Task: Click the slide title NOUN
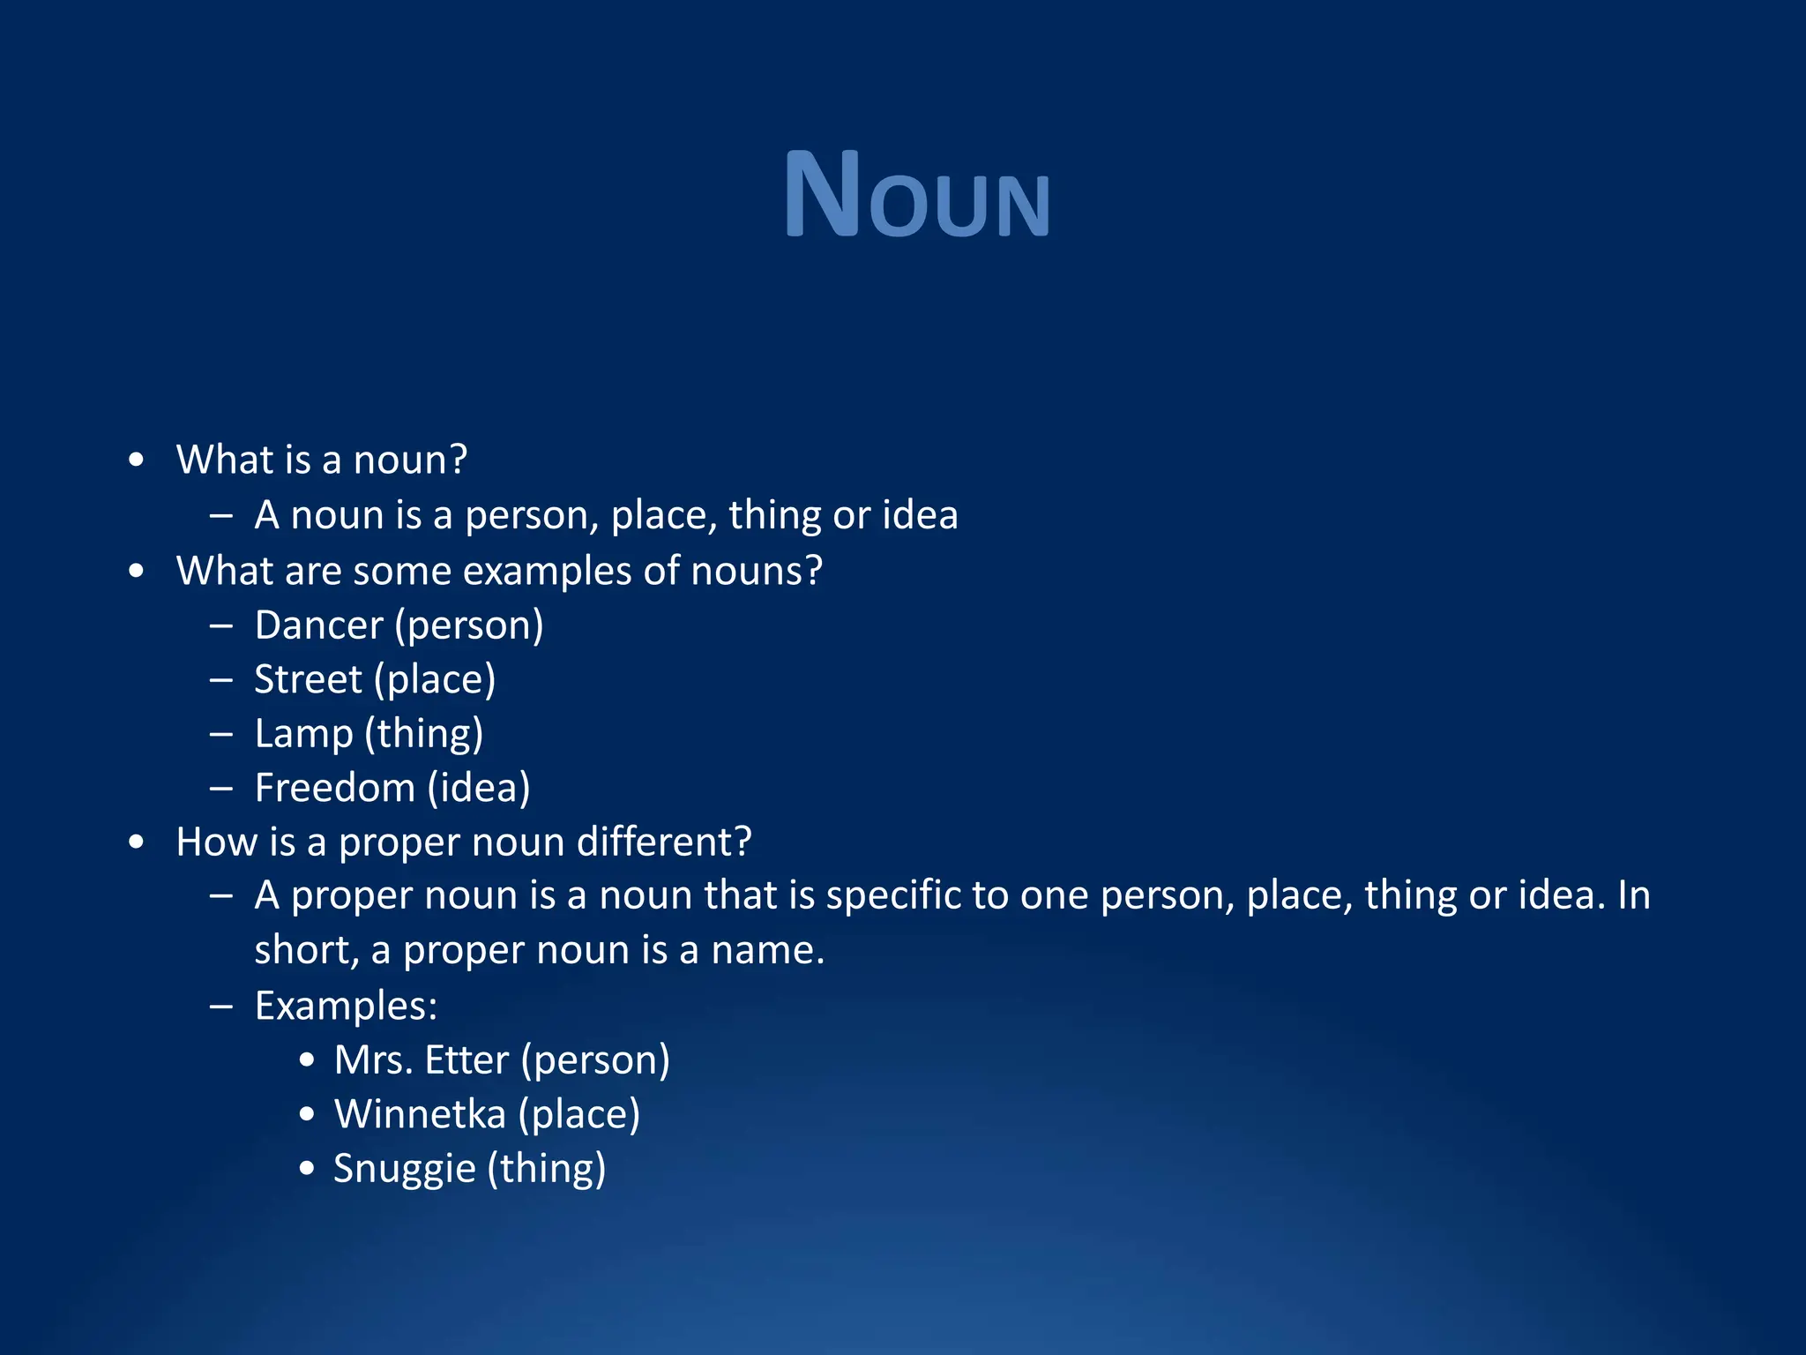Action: (x=916, y=195)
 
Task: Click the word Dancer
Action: (x=318, y=625)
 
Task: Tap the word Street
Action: (x=308, y=679)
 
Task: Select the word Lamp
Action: (x=303, y=734)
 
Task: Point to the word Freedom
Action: (x=334, y=788)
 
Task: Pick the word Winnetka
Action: (x=420, y=1114)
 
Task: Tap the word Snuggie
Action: (x=404, y=1169)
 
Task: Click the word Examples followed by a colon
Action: (x=346, y=1006)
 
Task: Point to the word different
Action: (x=663, y=842)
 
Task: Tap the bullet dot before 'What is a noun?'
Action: (x=136, y=460)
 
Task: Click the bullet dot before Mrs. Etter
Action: (x=306, y=1060)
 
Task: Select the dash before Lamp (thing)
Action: (x=221, y=733)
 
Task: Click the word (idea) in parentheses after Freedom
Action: (x=479, y=788)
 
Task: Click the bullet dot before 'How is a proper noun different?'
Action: (x=136, y=842)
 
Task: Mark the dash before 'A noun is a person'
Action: (x=221, y=515)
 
